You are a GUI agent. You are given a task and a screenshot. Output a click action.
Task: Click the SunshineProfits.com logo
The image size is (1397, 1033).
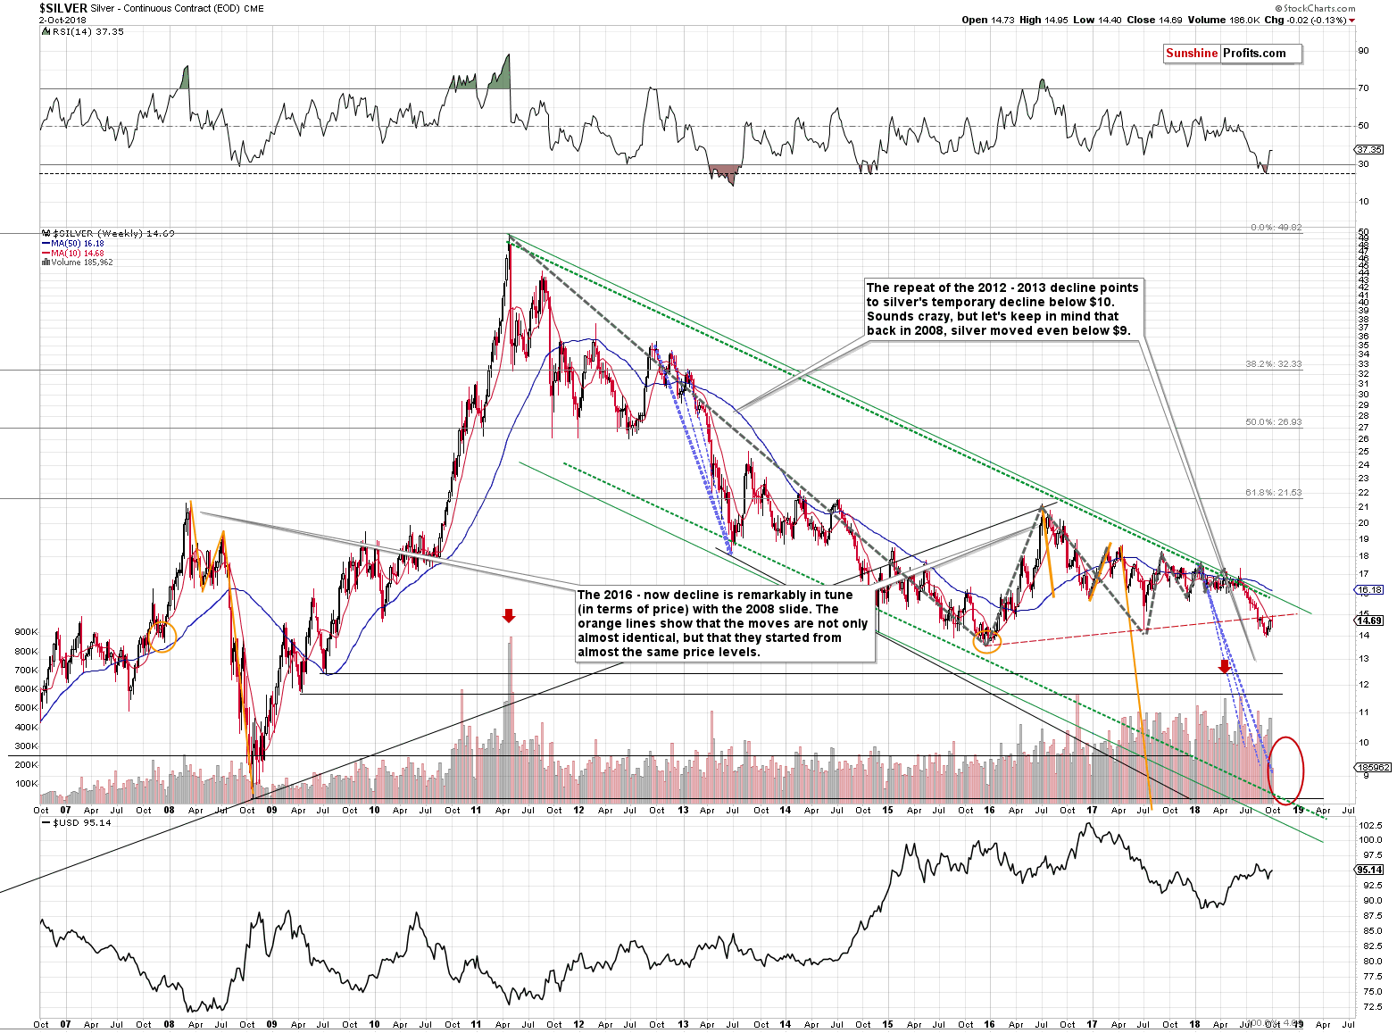1232,54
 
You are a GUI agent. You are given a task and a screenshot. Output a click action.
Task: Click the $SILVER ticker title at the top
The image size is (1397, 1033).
63,8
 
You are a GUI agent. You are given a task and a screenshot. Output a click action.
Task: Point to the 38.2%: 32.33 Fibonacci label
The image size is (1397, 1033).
1274,364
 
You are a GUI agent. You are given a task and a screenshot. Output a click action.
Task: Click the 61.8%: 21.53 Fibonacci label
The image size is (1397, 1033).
1274,493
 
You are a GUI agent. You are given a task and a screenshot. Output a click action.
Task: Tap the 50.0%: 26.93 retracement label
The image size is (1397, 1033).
1274,422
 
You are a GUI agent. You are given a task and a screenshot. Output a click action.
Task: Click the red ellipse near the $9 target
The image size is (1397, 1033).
1286,771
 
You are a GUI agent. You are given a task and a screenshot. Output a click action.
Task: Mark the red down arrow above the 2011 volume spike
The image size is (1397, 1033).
509,615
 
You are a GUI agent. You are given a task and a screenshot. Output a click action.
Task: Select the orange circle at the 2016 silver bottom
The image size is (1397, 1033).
987,639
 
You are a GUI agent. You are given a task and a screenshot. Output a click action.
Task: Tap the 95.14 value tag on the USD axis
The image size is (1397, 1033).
1369,870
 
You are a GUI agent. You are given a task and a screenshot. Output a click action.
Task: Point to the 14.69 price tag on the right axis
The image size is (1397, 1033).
1369,621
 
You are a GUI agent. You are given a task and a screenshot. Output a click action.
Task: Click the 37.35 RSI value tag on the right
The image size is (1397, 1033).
1369,149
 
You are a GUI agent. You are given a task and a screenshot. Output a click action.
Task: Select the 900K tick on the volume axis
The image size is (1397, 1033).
26,631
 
